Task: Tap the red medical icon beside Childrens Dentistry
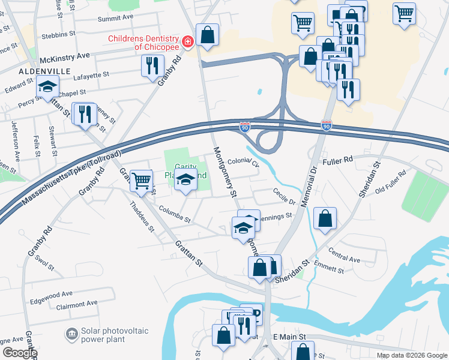pos(188,41)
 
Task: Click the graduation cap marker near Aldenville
pos(48,88)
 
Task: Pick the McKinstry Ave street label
pos(64,55)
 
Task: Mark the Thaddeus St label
pos(142,216)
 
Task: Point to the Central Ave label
pos(345,259)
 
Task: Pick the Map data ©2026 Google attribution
pos(411,355)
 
